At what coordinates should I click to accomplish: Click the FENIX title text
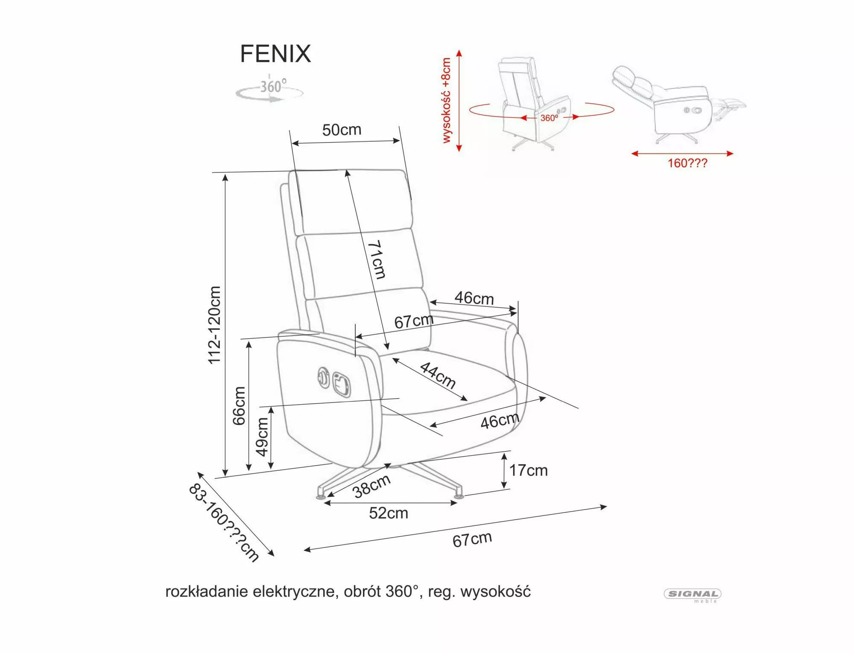(275, 54)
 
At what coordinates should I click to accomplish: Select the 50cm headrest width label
(342, 130)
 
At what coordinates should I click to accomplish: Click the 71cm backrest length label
(376, 259)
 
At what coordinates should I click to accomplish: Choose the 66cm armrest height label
(240, 406)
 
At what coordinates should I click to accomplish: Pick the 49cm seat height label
(263, 437)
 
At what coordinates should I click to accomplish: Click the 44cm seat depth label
(438, 375)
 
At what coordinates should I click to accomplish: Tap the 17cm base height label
(528, 470)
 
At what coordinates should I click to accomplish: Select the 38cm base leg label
(371, 486)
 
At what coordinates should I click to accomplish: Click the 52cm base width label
(389, 513)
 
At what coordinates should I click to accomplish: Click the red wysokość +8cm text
(447, 100)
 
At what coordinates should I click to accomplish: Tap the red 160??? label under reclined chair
(687, 163)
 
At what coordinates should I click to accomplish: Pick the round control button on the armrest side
(323, 377)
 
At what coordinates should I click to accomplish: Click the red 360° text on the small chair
(549, 118)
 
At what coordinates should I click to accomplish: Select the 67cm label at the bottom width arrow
(472, 539)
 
